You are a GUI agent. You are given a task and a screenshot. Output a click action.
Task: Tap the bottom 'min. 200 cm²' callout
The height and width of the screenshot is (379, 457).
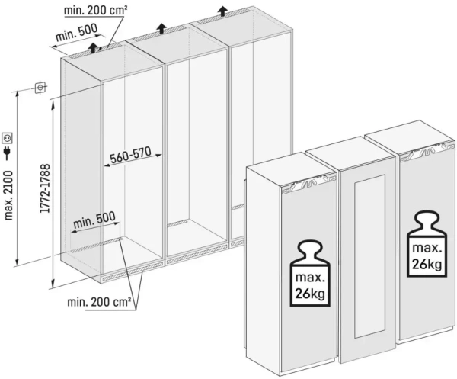[99, 302]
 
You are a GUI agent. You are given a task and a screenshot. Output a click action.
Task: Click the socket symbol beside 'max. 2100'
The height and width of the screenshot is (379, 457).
[8, 138]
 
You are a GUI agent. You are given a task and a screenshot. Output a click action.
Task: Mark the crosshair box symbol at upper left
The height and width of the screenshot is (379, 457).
[40, 88]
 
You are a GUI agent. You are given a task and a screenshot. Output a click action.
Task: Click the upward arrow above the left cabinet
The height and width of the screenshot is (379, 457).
[93, 48]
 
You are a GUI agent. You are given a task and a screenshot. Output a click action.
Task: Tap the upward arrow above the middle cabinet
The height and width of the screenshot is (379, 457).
[162, 27]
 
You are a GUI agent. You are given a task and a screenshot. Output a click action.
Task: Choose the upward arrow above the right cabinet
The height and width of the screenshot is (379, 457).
[222, 10]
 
